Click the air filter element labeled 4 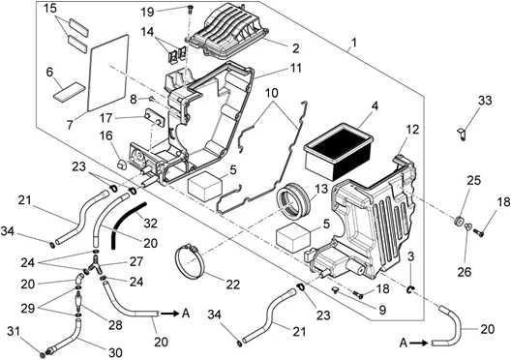338,151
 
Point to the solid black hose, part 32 127,225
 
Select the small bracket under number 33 461,135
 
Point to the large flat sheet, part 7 107,73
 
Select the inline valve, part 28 78,301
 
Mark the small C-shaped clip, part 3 411,287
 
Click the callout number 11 296,68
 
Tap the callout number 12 412,130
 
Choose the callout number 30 115,352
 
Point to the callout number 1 354,43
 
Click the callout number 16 105,135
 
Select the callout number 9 382,310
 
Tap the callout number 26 465,271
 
